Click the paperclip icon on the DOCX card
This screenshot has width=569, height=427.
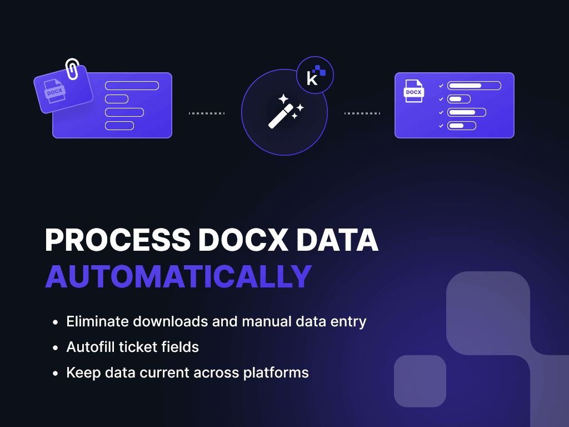tap(72, 69)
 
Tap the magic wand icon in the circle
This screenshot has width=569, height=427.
tap(285, 111)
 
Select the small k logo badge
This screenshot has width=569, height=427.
tap(315, 75)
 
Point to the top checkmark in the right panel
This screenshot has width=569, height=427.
tap(441, 86)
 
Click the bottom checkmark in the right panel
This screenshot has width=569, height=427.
tap(441, 126)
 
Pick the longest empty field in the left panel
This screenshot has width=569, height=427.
tap(132, 86)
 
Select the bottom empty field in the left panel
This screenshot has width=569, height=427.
tap(119, 126)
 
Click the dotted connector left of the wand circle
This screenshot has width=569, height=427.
tap(207, 113)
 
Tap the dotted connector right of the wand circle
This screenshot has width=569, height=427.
tap(362, 113)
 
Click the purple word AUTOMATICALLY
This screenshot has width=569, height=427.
tap(178, 276)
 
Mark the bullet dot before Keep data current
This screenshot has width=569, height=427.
tap(55, 373)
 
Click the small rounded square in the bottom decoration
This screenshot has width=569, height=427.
tap(420, 381)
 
